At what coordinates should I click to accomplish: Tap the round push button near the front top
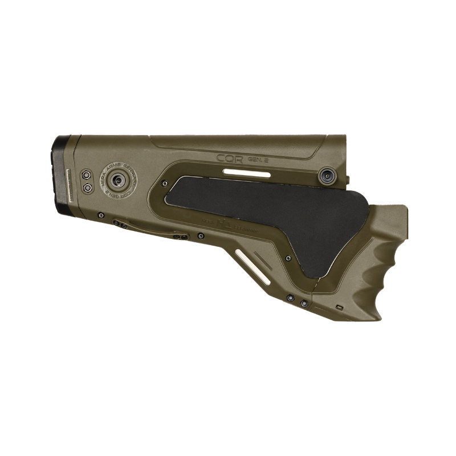[327, 175]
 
